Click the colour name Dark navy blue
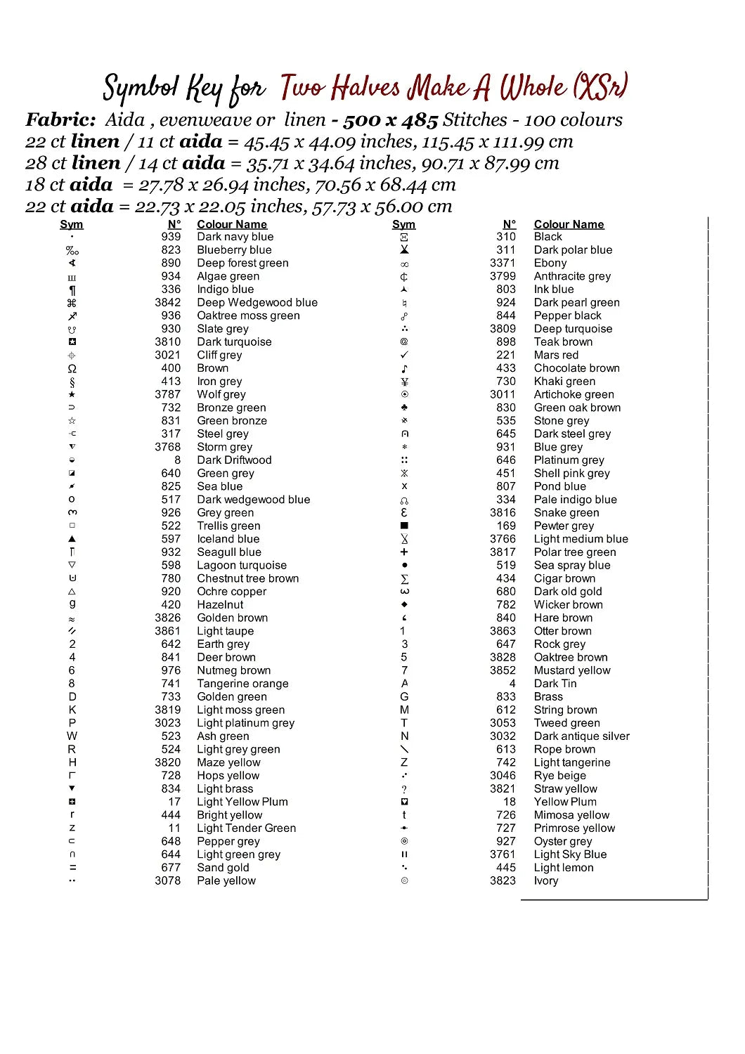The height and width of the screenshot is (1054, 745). pos(235,237)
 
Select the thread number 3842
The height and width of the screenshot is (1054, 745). pos(168,302)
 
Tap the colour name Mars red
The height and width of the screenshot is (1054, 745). pos(556,355)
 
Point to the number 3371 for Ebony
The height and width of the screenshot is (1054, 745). pos(503,263)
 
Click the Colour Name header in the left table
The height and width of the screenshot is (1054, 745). pos(232,224)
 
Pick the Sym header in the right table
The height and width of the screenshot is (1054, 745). pos(403,224)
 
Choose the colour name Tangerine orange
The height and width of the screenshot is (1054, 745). pos(242,684)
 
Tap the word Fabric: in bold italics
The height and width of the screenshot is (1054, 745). pos(60,119)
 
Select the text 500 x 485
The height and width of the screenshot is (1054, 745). pos(391,120)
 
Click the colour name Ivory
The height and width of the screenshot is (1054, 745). pos(546,881)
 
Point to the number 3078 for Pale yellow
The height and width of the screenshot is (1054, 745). pos(168,881)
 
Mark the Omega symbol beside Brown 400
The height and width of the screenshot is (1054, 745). pos(72,369)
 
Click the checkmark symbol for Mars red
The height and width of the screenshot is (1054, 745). pos(404,355)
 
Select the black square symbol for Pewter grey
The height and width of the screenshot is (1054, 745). pos(404,526)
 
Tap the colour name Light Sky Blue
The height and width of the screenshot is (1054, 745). pos(570,854)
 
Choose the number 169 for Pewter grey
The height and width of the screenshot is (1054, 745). pos(506,526)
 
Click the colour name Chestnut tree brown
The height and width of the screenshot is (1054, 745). pos(247,578)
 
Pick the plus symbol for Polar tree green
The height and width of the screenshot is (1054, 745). pos(404,552)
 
